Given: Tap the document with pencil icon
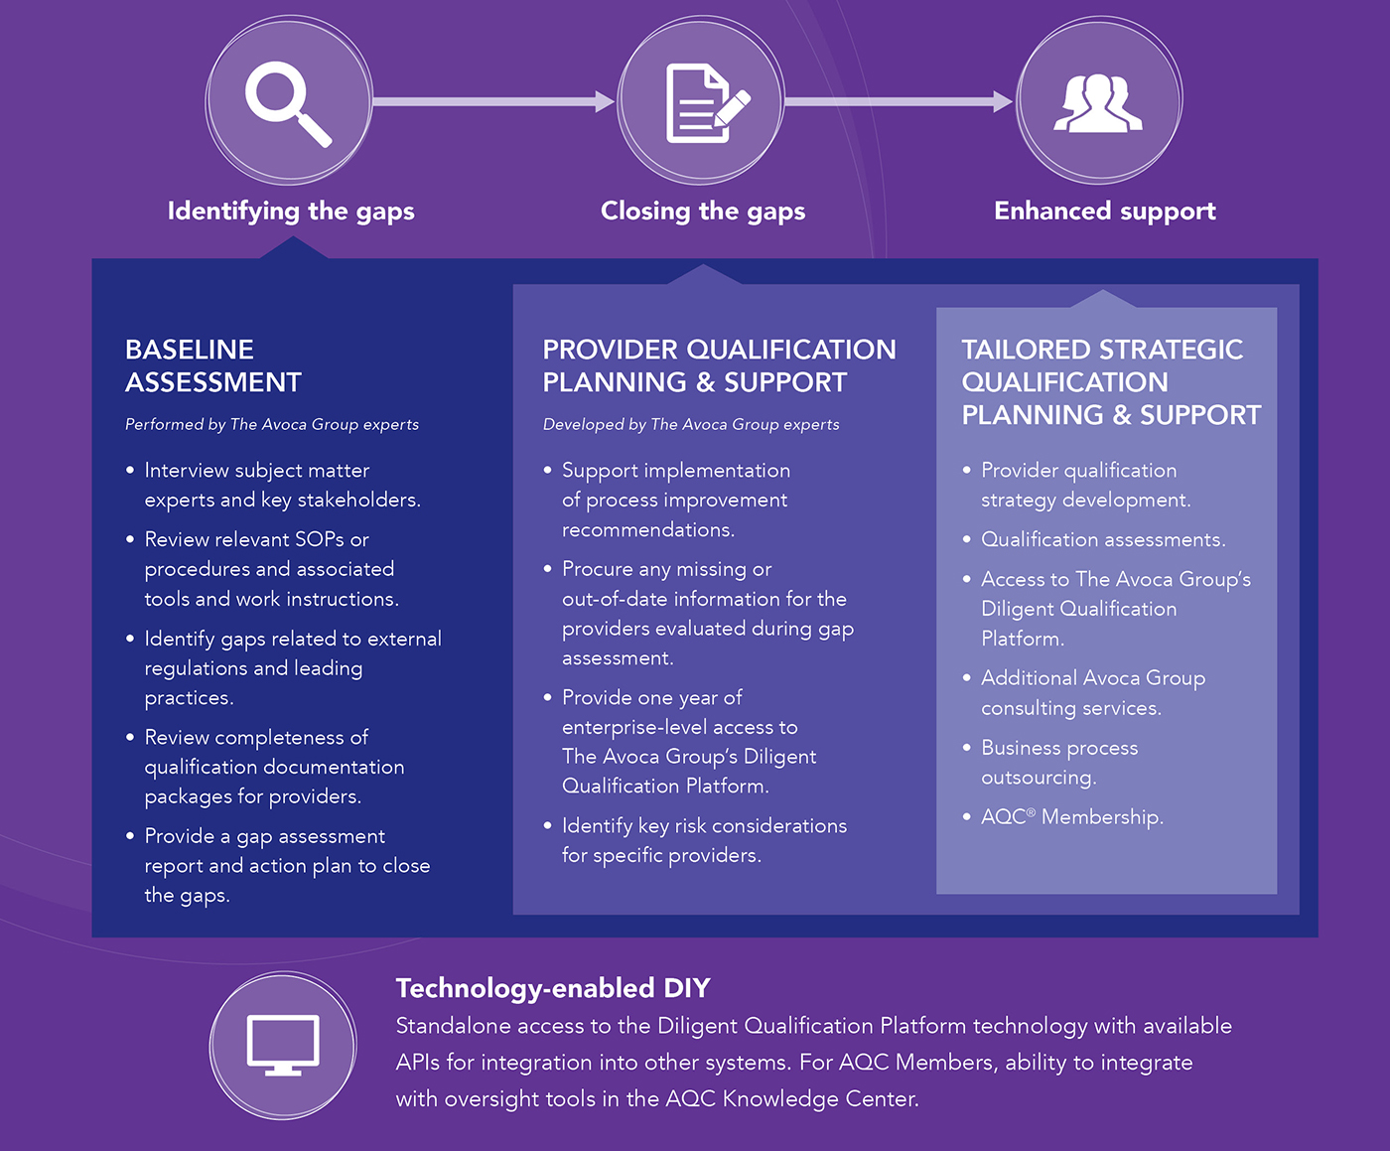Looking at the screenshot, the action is [x=708, y=103].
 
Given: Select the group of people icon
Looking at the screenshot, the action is [x=1098, y=102].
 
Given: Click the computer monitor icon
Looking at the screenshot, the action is [x=283, y=1045].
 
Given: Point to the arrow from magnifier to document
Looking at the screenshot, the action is [x=493, y=101].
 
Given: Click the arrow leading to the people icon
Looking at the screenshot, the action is [x=899, y=101].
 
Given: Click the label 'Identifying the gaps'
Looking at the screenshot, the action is [x=291, y=212].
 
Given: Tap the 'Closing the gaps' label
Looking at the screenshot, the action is [x=703, y=212].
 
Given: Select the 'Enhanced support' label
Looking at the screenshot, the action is [x=1105, y=212].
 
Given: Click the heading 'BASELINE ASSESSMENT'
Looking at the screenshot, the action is [x=213, y=365].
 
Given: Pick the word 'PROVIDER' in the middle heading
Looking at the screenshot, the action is [x=610, y=350].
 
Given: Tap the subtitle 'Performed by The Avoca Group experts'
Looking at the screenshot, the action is [x=272, y=424].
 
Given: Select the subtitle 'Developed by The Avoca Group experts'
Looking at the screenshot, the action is [x=691, y=424].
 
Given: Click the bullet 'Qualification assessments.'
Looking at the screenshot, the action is [x=1103, y=539].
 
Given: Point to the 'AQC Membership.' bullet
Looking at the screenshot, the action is [x=1072, y=816].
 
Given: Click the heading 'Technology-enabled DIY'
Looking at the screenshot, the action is [x=553, y=988].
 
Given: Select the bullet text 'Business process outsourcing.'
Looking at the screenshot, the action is [x=1059, y=763].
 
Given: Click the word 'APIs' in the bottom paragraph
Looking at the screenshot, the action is [x=417, y=1063].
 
